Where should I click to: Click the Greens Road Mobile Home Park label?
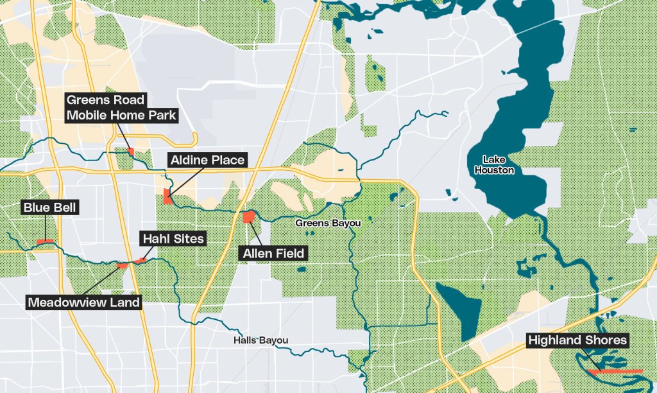121,108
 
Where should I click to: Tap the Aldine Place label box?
207,160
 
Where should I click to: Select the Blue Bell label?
50,208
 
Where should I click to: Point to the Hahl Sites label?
173,239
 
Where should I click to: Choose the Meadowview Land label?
84,302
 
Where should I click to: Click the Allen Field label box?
273,254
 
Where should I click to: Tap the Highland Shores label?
577,340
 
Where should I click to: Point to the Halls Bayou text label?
260,340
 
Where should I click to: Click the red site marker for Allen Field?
248,217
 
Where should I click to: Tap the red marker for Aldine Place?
167,197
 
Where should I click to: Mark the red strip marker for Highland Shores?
616,371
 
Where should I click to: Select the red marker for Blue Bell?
44,241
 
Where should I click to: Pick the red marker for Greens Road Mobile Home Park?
131,152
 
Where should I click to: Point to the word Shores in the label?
606,340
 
